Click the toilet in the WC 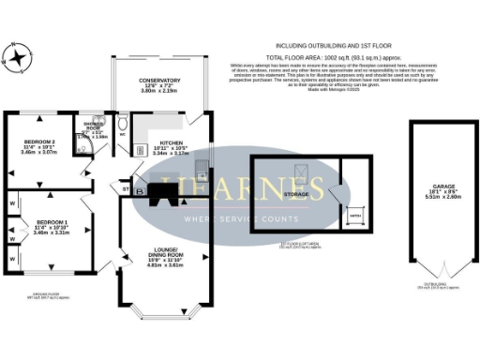(127, 124)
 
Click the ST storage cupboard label (124, 190)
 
